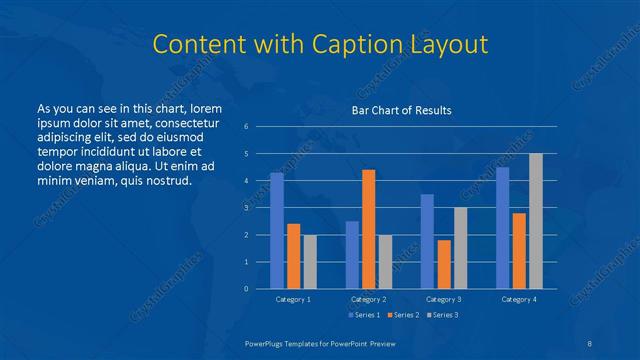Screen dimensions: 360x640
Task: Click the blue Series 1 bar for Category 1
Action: click(277, 231)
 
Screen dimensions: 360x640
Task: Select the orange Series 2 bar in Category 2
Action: click(368, 229)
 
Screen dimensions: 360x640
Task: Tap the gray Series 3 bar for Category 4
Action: click(535, 221)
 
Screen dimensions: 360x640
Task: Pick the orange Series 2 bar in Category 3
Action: click(443, 264)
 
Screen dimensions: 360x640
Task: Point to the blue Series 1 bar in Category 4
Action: click(502, 228)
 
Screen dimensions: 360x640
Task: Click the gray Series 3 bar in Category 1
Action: click(309, 262)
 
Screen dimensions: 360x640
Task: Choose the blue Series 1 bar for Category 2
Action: click(352, 255)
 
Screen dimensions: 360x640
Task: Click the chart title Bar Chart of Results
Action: click(401, 110)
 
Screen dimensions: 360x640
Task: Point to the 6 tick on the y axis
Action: click(246, 127)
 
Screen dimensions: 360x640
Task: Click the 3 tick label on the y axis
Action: click(246, 208)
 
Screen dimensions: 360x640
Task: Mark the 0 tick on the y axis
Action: click(246, 289)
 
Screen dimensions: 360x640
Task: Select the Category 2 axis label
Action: click(368, 299)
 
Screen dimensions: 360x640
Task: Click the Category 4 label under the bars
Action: click(518, 299)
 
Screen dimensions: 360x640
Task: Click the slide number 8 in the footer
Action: click(591, 343)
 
